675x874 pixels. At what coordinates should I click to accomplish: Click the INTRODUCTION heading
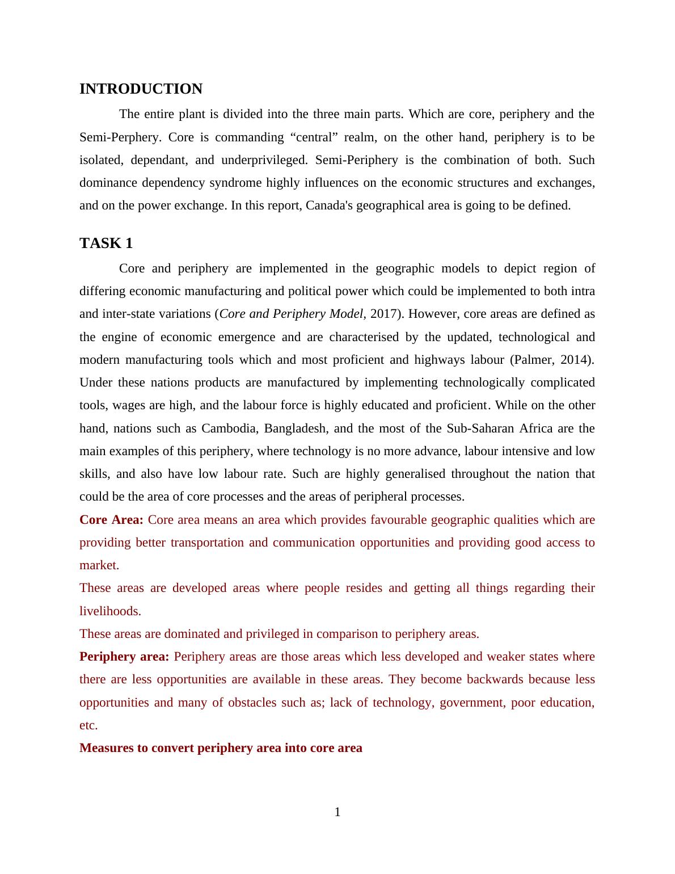(x=141, y=89)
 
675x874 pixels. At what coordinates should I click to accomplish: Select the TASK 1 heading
(x=106, y=243)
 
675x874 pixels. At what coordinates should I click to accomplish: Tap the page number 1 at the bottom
(x=337, y=813)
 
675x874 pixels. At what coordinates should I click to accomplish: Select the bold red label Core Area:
(x=111, y=520)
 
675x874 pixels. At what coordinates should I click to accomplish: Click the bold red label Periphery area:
(x=124, y=657)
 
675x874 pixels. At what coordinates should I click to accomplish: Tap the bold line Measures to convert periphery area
(x=221, y=748)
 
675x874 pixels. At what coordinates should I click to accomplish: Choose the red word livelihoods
(x=110, y=611)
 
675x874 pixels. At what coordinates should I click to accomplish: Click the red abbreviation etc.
(x=88, y=725)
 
